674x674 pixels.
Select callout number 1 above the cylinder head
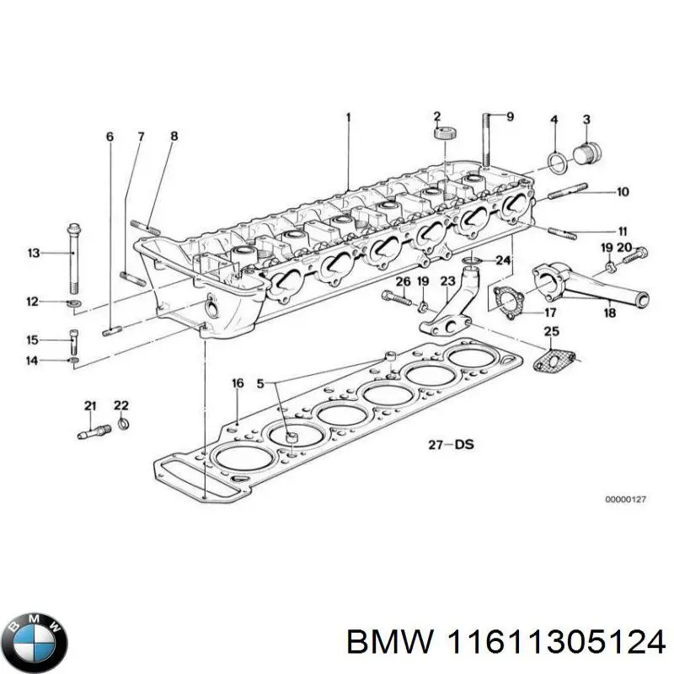347,117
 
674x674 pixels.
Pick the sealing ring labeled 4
556,160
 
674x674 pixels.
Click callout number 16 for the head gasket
238,383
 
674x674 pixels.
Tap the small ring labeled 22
123,422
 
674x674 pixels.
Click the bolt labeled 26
394,297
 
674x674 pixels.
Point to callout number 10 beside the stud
622,192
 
